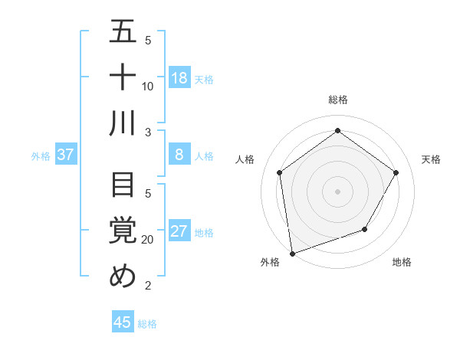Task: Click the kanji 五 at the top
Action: click(x=123, y=31)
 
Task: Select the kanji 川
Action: click(x=123, y=123)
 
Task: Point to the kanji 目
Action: click(x=123, y=185)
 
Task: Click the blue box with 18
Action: click(x=179, y=78)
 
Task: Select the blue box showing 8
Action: click(x=179, y=155)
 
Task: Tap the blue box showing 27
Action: click(x=179, y=232)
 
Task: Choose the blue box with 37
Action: click(x=66, y=155)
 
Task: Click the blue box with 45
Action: click(x=123, y=322)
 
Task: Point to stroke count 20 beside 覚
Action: click(x=148, y=240)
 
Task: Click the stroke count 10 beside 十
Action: click(x=148, y=86)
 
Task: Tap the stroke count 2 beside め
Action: click(x=148, y=286)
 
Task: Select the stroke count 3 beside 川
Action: click(x=148, y=132)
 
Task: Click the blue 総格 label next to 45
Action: click(x=147, y=324)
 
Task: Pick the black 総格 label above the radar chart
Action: click(x=337, y=100)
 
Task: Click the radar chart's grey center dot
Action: click(x=337, y=191)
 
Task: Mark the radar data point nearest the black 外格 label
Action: click(x=292, y=253)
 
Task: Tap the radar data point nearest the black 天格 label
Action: click(x=396, y=172)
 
